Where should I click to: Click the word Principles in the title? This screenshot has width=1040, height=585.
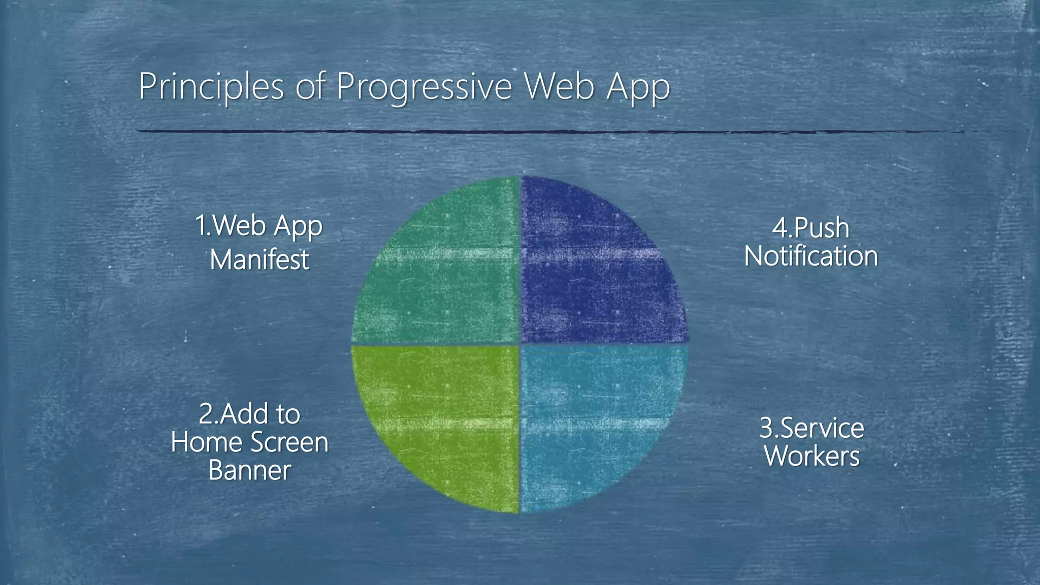click(x=211, y=87)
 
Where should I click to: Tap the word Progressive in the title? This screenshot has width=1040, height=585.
click(x=424, y=87)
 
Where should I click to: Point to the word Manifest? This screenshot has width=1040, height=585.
click(x=259, y=259)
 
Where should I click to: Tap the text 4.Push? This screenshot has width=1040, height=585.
click(x=810, y=228)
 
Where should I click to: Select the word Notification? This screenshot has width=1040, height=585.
click(x=811, y=256)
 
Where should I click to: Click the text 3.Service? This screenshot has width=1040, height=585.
click(x=811, y=428)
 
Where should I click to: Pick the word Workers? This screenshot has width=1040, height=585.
click(x=812, y=456)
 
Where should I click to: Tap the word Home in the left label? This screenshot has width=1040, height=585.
click(x=206, y=442)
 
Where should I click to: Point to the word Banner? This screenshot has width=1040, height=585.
click(x=249, y=470)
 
